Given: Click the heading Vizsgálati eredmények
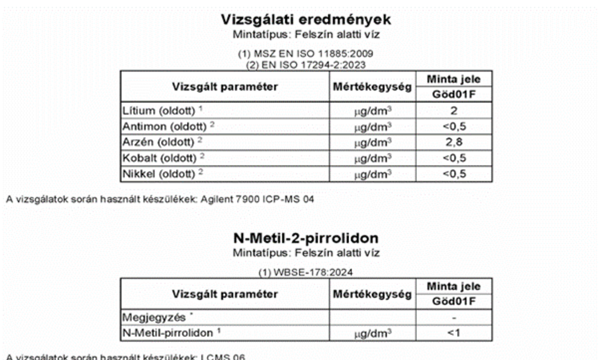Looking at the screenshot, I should (x=306, y=20).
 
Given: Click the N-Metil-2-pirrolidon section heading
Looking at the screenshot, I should (x=306, y=238).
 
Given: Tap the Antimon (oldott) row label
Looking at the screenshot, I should (x=163, y=127).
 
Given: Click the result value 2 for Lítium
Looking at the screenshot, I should (x=454, y=110).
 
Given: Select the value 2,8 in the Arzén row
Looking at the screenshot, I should (x=454, y=142).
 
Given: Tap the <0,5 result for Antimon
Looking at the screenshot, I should (x=454, y=127).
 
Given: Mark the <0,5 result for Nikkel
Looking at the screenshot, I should (x=454, y=174).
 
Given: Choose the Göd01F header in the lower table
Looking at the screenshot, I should (x=454, y=302).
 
